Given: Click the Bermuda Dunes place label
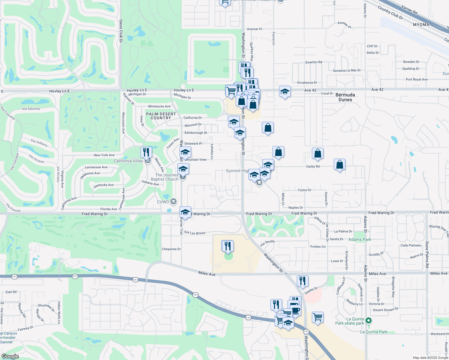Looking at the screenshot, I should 345,97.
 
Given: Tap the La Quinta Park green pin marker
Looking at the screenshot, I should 369,321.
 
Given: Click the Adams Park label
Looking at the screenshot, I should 360,239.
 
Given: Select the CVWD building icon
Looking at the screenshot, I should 173,202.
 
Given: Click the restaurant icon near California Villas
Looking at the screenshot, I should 146,152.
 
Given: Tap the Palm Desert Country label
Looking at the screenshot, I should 161,116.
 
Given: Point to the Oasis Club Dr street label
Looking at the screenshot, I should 121,31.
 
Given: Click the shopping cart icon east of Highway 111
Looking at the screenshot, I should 318,317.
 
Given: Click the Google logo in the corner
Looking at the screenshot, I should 10,356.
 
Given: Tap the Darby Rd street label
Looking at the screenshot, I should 313,166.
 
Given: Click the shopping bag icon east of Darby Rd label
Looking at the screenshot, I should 339,165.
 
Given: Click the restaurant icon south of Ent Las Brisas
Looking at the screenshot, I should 228,246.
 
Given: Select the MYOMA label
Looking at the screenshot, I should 421,25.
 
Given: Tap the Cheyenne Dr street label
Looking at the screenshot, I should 171,249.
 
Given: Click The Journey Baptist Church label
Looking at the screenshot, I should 166,177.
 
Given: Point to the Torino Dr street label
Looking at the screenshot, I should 304,190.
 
